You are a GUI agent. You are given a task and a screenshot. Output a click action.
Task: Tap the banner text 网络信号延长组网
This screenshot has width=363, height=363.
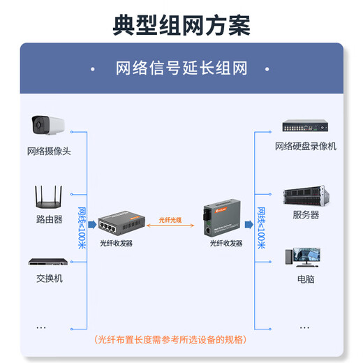pos(181,68)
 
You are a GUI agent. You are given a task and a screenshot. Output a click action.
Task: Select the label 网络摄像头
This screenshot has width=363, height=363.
pos(49,151)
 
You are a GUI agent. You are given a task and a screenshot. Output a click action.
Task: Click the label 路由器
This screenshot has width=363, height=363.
pos(49,219)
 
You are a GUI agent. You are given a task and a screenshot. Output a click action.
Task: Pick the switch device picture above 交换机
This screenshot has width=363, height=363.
pos(48,262)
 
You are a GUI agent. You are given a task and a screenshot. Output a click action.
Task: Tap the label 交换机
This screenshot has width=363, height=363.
pos(49,278)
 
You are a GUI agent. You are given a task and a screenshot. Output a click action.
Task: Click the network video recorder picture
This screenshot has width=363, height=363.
pos(305,126)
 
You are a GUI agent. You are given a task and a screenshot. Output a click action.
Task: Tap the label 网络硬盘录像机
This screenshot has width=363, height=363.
pos(305,146)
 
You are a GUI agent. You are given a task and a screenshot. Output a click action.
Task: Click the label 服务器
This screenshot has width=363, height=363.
pos(305,215)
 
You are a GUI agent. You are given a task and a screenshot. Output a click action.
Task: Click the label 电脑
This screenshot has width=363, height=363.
pos(305,279)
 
